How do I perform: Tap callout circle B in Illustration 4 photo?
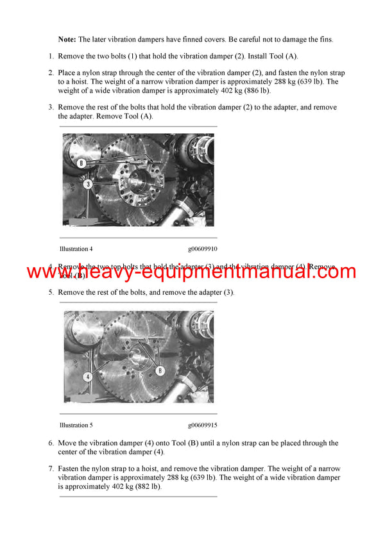(x=81, y=163)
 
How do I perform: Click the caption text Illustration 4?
(x=76, y=249)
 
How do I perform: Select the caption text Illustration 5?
(x=76, y=425)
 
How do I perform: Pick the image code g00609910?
(x=203, y=249)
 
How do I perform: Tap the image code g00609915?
(x=203, y=425)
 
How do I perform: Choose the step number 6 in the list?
(x=51, y=443)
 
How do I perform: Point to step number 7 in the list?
(x=51, y=468)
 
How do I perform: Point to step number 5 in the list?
(x=51, y=292)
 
